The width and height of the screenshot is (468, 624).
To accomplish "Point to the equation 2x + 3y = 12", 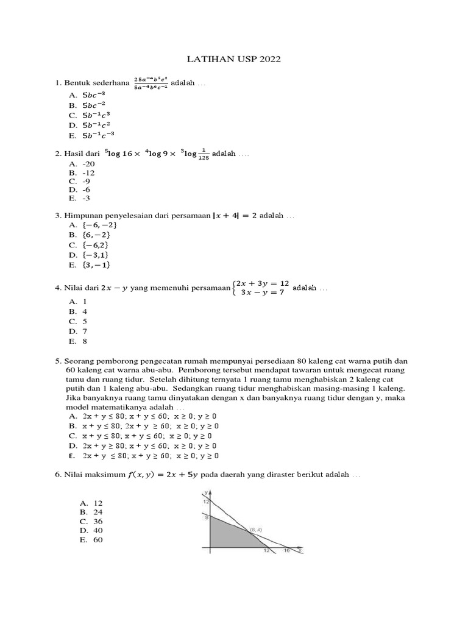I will pos(263,283).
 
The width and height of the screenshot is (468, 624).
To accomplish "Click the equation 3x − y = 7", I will pos(263,293).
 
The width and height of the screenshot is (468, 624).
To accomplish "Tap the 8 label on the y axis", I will pos(206,518).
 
